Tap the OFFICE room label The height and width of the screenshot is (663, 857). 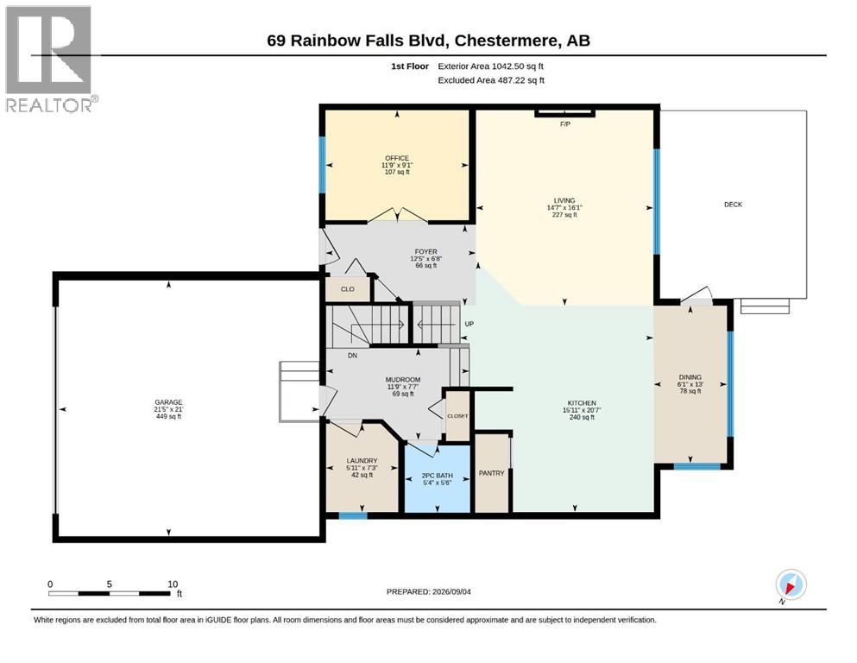click(x=397, y=158)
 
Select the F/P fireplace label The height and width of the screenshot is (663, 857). click(x=565, y=124)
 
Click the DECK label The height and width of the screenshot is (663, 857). click(x=733, y=205)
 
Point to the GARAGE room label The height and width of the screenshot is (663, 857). click(x=168, y=402)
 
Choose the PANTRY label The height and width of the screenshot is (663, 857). click(x=491, y=473)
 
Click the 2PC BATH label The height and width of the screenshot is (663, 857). click(x=438, y=476)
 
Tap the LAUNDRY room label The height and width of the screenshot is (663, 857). click(x=362, y=461)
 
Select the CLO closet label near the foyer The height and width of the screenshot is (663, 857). click(x=348, y=289)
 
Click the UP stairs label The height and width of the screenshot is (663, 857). click(x=469, y=324)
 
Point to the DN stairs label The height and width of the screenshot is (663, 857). click(x=352, y=356)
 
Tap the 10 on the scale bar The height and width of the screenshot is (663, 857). click(x=173, y=584)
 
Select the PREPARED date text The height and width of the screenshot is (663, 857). click(x=428, y=591)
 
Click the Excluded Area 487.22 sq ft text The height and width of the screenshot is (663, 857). click(x=491, y=79)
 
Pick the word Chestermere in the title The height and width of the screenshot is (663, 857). click(x=507, y=41)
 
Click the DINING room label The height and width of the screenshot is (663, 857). click(x=690, y=377)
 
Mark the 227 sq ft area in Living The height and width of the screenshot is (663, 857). click(x=564, y=215)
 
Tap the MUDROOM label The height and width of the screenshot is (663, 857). click(x=403, y=380)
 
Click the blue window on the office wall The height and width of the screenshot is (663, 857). click(x=323, y=165)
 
